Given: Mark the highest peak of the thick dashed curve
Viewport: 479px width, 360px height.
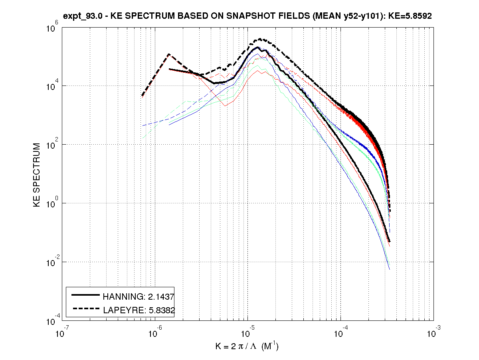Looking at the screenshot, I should [x=261, y=39].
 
